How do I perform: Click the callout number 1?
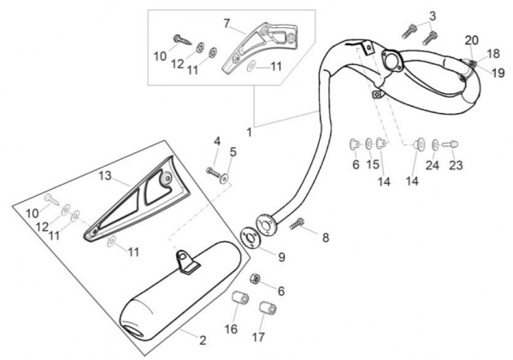pos(249,133)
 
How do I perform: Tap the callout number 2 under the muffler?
pos(202,340)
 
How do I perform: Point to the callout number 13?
pos(105,175)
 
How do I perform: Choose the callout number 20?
pos(471,40)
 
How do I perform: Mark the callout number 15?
pos(373,164)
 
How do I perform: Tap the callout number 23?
pos(455,165)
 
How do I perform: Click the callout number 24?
pos(433,165)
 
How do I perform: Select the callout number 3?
pos(433,15)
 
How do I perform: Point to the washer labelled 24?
pos(436,144)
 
